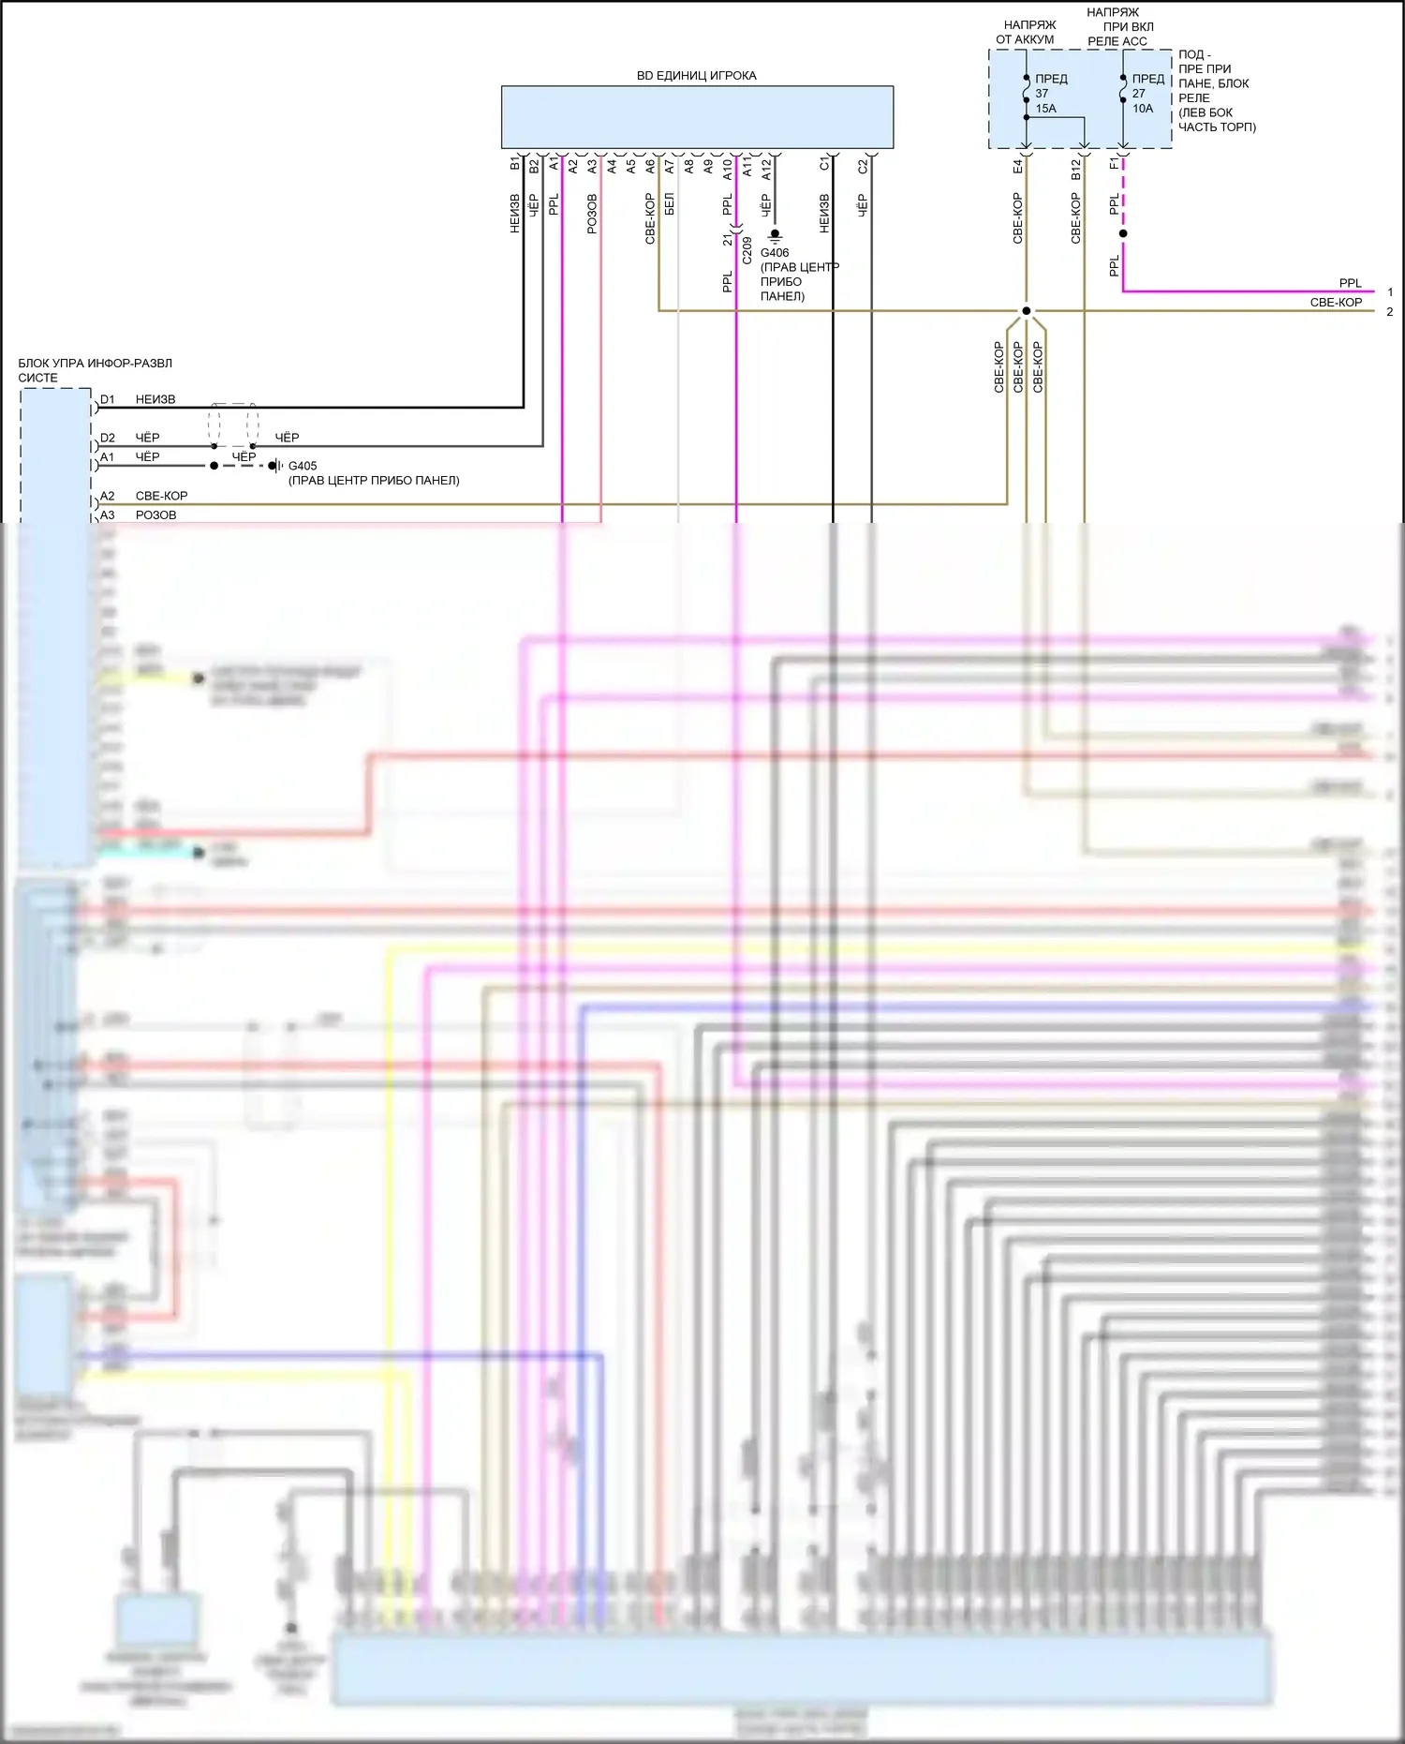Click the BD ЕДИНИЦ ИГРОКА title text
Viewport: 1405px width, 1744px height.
pyautogui.click(x=696, y=76)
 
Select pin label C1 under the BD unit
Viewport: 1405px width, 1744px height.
pyautogui.click(x=824, y=164)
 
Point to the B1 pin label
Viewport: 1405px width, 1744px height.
pyautogui.click(x=514, y=164)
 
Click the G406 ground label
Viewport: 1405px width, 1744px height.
pyautogui.click(x=775, y=253)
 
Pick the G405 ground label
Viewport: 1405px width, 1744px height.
pyautogui.click(x=303, y=466)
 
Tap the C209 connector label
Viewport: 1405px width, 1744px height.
pyautogui.click(x=747, y=250)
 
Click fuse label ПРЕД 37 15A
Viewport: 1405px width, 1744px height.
pyautogui.click(x=1048, y=94)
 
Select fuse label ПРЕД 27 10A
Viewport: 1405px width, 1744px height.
pyautogui.click(x=1146, y=94)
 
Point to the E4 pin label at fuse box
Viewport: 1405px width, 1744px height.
pyautogui.click(x=1017, y=166)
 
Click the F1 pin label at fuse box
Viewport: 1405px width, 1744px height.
pyautogui.click(x=1114, y=164)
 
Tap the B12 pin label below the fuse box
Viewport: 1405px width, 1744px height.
pyautogui.click(x=1075, y=169)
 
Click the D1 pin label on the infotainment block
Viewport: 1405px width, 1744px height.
pyautogui.click(x=108, y=400)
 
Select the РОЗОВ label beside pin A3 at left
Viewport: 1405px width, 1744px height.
pyautogui.click(x=155, y=514)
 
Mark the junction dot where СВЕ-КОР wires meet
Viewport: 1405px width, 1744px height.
pyautogui.click(x=1027, y=311)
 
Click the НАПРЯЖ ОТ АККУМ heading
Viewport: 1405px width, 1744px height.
pyautogui.click(x=1026, y=33)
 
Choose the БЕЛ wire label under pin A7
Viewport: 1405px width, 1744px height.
pyautogui.click(x=669, y=204)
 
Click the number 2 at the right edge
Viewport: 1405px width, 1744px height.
pyautogui.click(x=1390, y=312)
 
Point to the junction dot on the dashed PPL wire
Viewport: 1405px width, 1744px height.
pyautogui.click(x=1123, y=233)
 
